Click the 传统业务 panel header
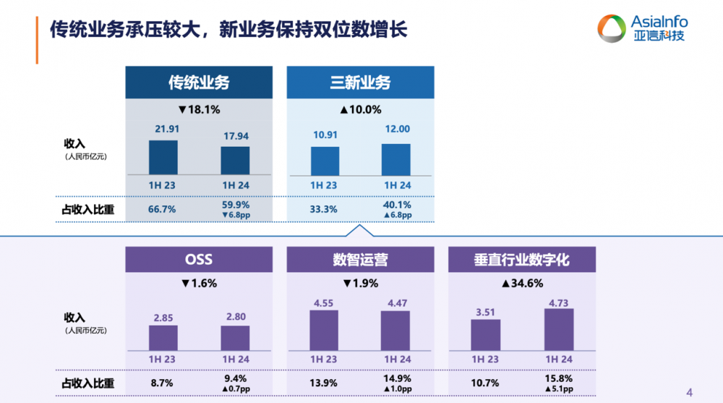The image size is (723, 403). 199,82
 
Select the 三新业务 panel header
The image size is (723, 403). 360,82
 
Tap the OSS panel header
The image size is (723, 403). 199,260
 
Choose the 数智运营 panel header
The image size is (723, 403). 360,260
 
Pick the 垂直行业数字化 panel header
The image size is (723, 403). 522,260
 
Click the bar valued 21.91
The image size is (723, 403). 163,157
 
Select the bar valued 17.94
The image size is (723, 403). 235,160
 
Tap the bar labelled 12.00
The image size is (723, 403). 396,158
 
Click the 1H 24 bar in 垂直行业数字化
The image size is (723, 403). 558,329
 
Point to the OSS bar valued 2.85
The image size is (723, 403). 163,337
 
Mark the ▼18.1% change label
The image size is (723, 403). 199,110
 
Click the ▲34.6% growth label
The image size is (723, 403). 522,283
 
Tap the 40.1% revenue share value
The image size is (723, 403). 396,205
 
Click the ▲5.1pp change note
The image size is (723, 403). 559,389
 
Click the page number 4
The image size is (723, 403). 689,392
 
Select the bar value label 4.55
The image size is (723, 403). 324,303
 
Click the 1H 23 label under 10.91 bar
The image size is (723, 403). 324,184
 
